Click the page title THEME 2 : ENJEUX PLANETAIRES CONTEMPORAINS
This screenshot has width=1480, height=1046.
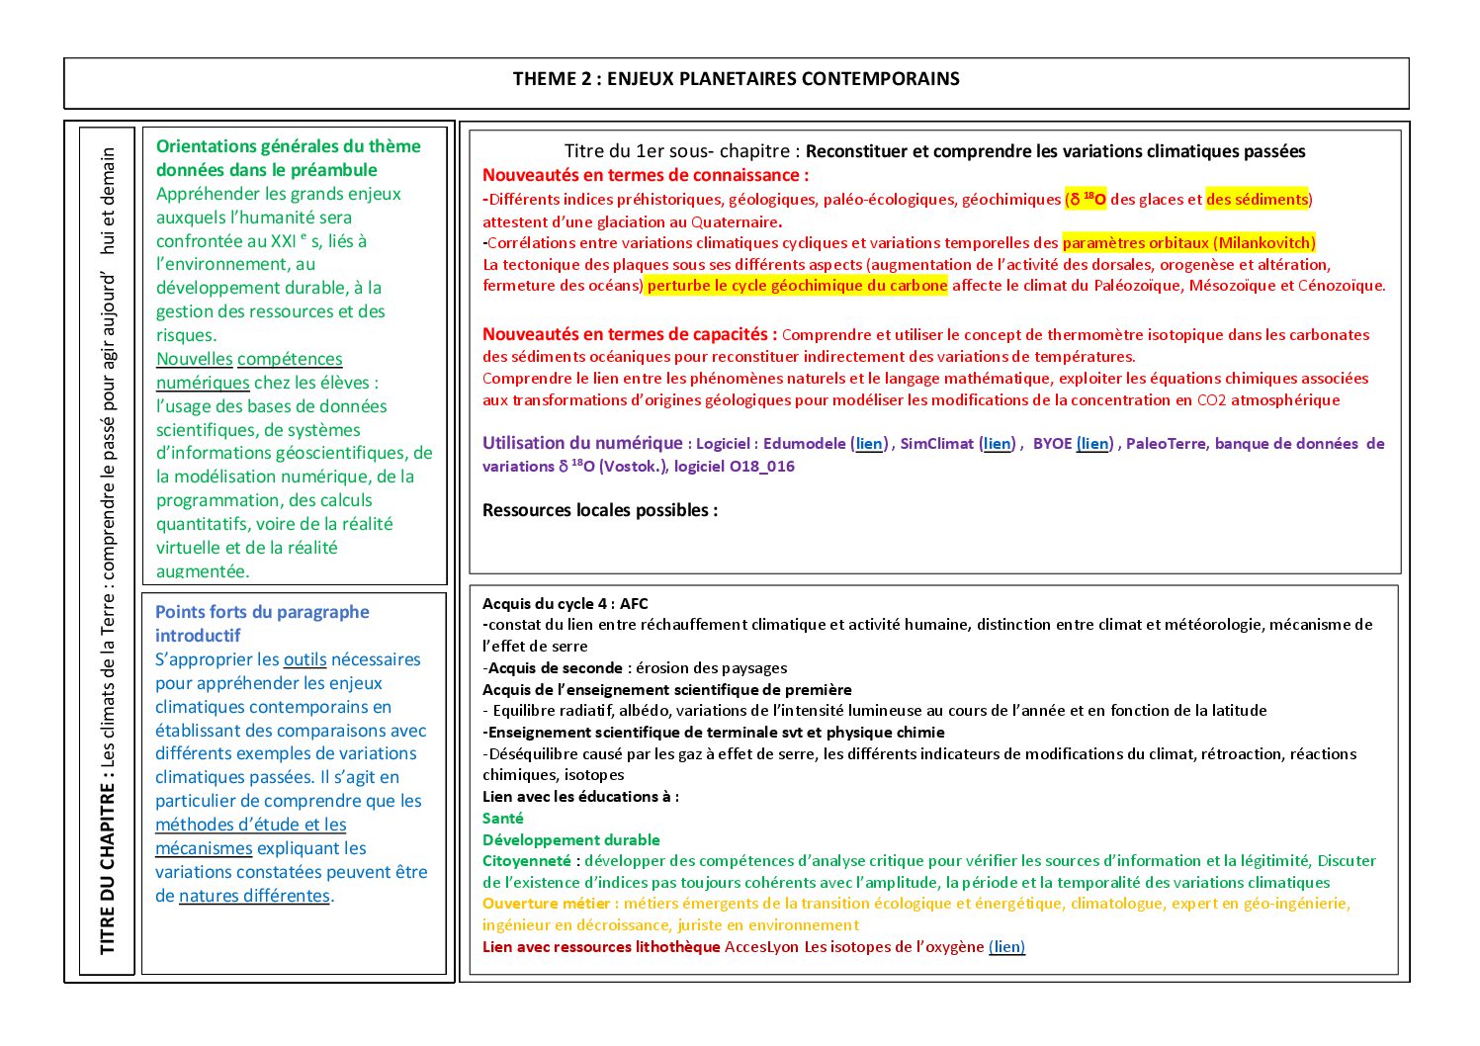tap(736, 79)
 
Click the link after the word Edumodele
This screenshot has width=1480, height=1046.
tap(869, 444)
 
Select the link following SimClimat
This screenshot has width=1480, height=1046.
tap(998, 444)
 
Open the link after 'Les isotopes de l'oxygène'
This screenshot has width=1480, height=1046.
tap(1006, 947)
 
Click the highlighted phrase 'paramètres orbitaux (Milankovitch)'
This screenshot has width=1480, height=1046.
tap(1188, 243)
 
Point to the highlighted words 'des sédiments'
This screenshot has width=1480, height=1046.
tap(1257, 200)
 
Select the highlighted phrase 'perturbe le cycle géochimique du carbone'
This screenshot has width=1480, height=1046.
tap(797, 286)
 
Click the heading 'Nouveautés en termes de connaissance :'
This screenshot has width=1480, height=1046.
tap(646, 176)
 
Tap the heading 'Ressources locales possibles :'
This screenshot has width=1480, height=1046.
tap(600, 511)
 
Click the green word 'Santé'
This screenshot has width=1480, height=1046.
tap(503, 819)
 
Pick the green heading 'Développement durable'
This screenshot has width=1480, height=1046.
tap(571, 840)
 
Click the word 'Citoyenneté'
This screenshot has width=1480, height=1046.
tap(527, 861)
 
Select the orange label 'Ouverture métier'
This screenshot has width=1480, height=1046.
tap(547, 904)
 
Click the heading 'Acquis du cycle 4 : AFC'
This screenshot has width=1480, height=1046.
tap(566, 604)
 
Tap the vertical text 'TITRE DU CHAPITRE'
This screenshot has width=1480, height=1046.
tap(108, 869)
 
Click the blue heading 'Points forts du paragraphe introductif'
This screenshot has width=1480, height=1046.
tap(262, 624)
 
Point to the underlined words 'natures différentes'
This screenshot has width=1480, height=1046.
tap(254, 897)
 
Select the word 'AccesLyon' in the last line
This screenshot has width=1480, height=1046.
tap(761, 947)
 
